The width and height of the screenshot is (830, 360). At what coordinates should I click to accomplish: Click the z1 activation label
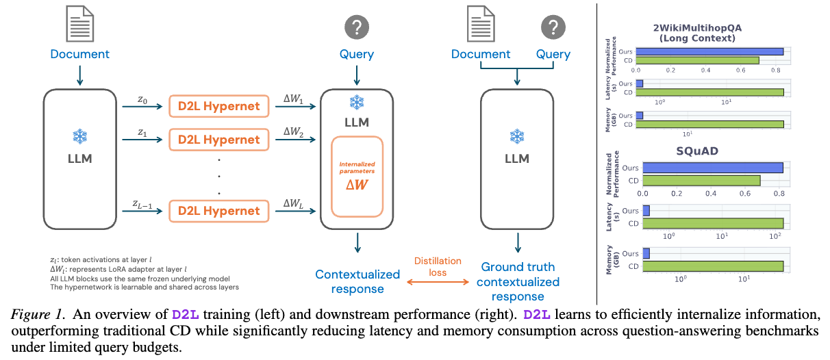pyautogui.click(x=142, y=132)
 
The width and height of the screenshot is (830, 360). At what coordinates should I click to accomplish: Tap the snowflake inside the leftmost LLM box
pyautogui.click(x=80, y=136)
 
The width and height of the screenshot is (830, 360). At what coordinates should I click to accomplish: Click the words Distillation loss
pyautogui.click(x=438, y=267)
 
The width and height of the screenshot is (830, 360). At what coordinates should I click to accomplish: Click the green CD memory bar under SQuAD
pyautogui.click(x=713, y=266)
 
